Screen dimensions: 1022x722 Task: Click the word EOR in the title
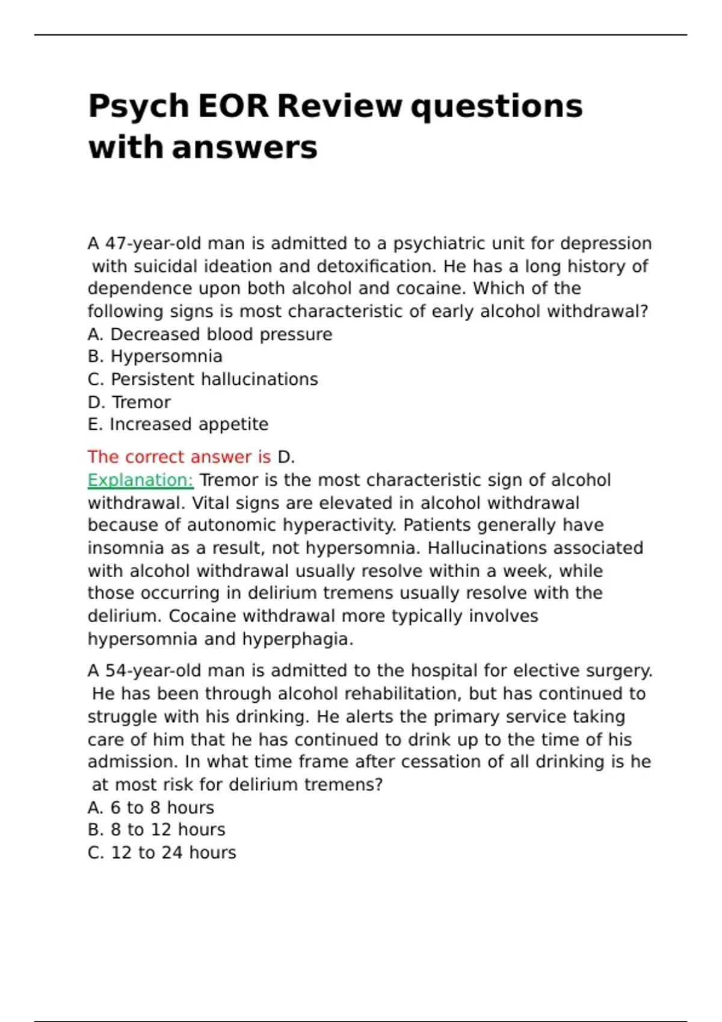point(232,106)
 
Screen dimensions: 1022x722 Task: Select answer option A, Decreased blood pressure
point(209,334)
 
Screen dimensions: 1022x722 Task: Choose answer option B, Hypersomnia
point(155,356)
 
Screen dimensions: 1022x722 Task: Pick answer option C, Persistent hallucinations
point(203,379)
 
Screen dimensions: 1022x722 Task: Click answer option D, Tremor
point(129,402)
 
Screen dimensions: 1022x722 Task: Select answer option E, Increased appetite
point(177,424)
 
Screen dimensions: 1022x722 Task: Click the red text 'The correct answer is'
point(179,457)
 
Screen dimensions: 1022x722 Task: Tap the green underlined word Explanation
point(140,480)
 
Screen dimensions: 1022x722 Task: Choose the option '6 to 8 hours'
point(150,807)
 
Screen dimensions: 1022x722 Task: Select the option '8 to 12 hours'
point(156,830)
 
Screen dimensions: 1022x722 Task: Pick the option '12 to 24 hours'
point(162,852)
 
